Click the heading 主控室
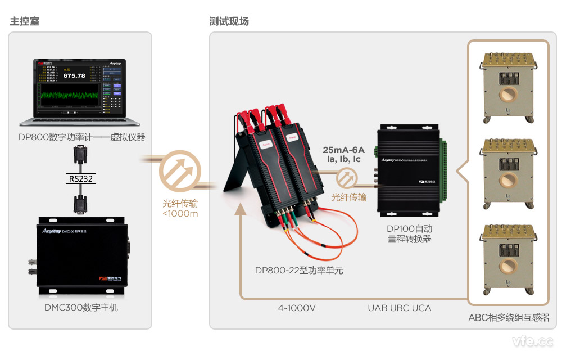click(x=24, y=21)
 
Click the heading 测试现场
click(x=229, y=21)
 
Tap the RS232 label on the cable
click(x=81, y=179)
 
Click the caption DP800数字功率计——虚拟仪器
click(x=81, y=137)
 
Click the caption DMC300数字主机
click(x=81, y=307)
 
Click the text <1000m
click(x=180, y=213)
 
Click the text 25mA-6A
click(x=343, y=150)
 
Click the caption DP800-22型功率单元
click(x=298, y=270)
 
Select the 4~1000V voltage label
click(x=296, y=308)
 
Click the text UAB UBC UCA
click(x=400, y=308)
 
